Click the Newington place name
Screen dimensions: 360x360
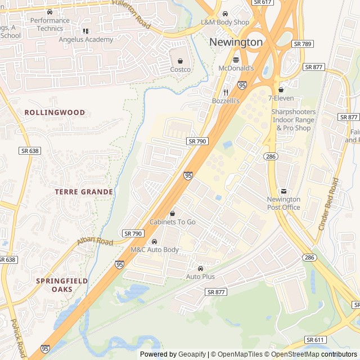[x=236, y=42]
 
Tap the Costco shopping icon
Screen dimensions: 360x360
[x=180, y=61]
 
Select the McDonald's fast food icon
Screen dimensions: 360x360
[x=236, y=60]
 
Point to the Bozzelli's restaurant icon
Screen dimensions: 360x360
[x=226, y=92]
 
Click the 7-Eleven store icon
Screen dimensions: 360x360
[x=281, y=89]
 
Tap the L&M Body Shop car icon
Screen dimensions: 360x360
[x=225, y=13]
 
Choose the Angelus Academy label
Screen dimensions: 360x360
[x=85, y=39]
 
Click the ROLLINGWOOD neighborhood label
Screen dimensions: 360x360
[x=55, y=112]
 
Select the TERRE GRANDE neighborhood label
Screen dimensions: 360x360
[x=84, y=192]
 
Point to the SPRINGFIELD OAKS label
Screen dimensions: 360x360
[x=54, y=285]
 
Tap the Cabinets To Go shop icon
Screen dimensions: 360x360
[x=172, y=214]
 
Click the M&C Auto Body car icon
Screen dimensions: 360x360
[x=155, y=241]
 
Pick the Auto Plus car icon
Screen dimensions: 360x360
[x=200, y=268]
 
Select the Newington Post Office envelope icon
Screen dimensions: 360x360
[x=283, y=191]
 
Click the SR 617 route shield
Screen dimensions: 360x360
[x=263, y=3]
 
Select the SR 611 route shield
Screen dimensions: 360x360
[x=316, y=340]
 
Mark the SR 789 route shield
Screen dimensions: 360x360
[x=303, y=43]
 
